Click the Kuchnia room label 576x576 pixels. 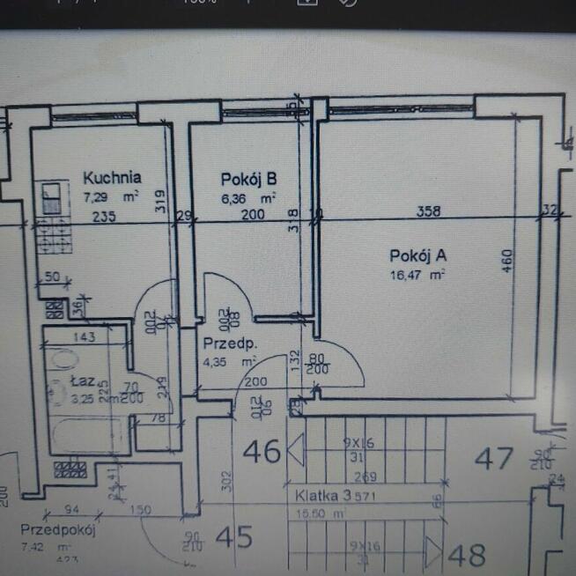[x=112, y=177]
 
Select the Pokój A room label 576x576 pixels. [x=418, y=255]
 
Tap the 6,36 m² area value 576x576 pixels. [x=249, y=197]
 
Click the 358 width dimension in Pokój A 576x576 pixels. [x=429, y=211]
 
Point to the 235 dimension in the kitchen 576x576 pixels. [x=104, y=216]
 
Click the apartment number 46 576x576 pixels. [x=262, y=453]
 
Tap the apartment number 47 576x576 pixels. [x=493, y=458]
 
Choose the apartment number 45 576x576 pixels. [x=233, y=535]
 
